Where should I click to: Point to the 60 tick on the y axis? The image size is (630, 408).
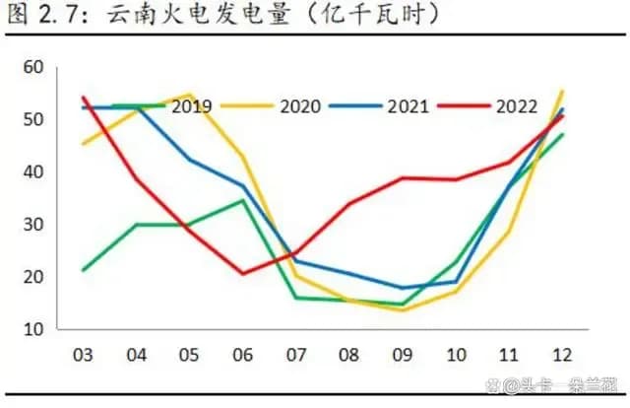click(34, 68)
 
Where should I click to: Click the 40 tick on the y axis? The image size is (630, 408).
click(34, 172)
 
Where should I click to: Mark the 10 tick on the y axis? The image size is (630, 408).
click(34, 329)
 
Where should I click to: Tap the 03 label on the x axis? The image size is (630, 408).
click(83, 354)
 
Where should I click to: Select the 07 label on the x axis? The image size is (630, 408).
click(295, 354)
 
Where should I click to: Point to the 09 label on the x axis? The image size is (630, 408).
click(402, 354)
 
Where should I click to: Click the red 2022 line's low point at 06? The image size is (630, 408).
click(242, 273)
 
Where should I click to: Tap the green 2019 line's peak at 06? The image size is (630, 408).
click(242, 200)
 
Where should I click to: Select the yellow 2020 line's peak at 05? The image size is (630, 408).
click(189, 95)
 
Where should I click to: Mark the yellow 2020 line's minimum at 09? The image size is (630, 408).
click(402, 309)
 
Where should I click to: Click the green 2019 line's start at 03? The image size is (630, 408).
click(83, 270)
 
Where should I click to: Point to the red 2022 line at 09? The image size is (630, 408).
click(402, 178)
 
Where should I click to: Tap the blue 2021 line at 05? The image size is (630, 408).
click(189, 159)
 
